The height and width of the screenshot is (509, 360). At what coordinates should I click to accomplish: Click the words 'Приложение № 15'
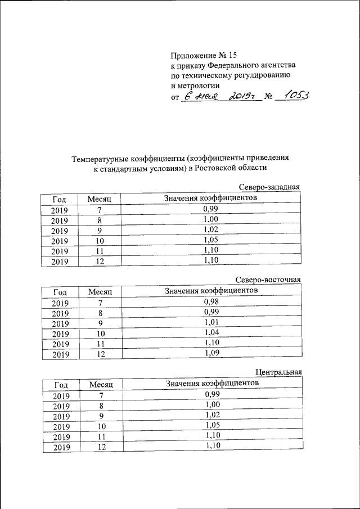[x=204, y=55]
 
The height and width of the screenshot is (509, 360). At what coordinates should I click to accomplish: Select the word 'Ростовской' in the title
[x=214, y=168]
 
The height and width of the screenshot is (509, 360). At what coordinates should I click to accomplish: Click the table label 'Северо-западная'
[x=269, y=187]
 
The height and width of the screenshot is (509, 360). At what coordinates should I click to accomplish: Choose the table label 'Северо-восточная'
[x=268, y=280]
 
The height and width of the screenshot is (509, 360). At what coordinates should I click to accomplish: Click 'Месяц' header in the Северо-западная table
[x=100, y=199]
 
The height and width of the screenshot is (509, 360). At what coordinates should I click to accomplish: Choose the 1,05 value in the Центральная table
[x=211, y=425]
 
